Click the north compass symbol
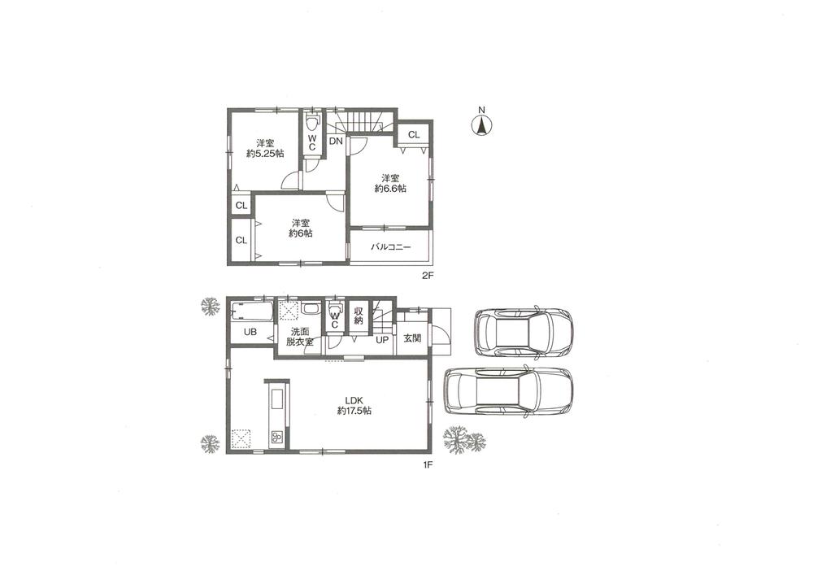pos(482,125)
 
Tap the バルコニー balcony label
pos(391,246)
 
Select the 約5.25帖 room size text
pos(265,153)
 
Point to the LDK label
pos(353,400)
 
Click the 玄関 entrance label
pos(411,339)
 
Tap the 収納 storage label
pos(359,315)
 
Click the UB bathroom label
pos(251,333)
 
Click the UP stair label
pos(381,339)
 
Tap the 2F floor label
pos(428,276)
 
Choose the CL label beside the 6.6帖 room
pos(413,135)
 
